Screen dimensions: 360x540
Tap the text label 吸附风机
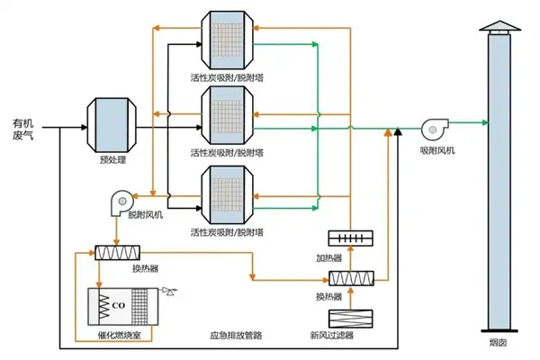click(437, 151)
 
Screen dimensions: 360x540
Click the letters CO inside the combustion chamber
click(118, 303)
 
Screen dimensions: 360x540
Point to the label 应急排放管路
click(235, 335)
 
